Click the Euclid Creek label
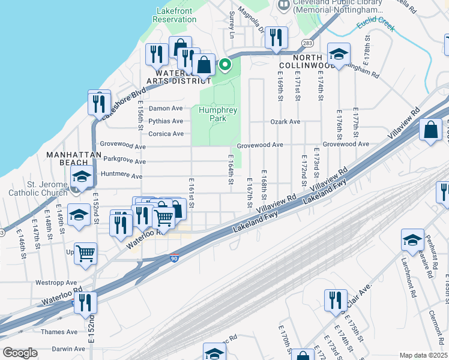click(x=376, y=25)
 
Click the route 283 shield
click(x=308, y=43)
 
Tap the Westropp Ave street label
click(x=56, y=282)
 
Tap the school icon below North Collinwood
click(x=339, y=55)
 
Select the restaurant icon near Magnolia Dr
click(x=276, y=37)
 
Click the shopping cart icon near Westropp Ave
click(x=86, y=253)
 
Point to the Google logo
click(x=20, y=353)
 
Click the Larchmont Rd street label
click(x=411, y=263)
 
